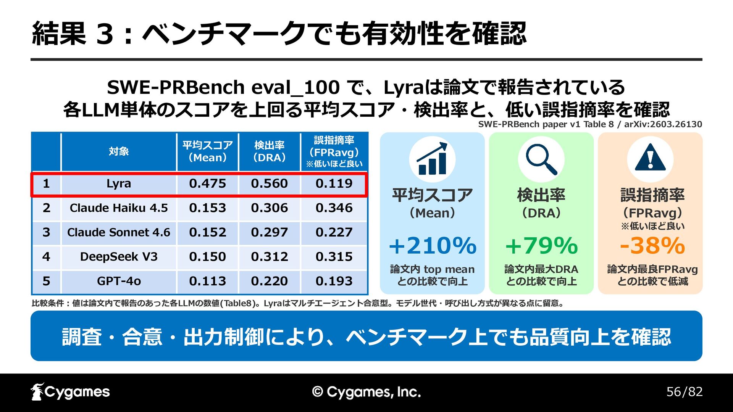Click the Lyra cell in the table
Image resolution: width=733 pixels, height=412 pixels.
click(x=119, y=183)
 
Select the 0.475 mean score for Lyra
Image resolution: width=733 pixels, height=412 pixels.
click(x=208, y=183)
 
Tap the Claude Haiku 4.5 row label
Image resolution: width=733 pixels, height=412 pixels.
click(x=119, y=208)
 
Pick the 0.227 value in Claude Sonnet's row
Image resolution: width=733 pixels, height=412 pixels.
click(x=334, y=232)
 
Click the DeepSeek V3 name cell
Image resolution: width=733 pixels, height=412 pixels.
click(x=119, y=257)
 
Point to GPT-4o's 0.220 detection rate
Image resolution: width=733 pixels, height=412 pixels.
click(x=270, y=281)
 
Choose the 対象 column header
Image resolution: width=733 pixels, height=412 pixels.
click(x=119, y=151)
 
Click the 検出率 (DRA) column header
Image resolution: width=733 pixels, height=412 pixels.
click(x=270, y=151)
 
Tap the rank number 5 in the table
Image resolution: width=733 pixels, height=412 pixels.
click(x=46, y=281)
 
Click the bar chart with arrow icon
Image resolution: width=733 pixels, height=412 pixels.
click(x=432, y=159)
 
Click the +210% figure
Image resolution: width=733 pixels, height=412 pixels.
click(x=433, y=245)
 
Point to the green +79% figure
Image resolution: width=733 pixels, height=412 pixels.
click(x=541, y=245)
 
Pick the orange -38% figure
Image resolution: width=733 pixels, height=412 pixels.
click(x=652, y=245)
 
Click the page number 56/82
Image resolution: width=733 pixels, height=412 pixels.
click(x=685, y=392)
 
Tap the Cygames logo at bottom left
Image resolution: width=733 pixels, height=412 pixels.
click(x=70, y=392)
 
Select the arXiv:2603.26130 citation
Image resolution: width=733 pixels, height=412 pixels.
click(x=663, y=124)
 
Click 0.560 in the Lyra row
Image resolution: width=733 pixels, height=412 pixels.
click(x=270, y=183)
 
